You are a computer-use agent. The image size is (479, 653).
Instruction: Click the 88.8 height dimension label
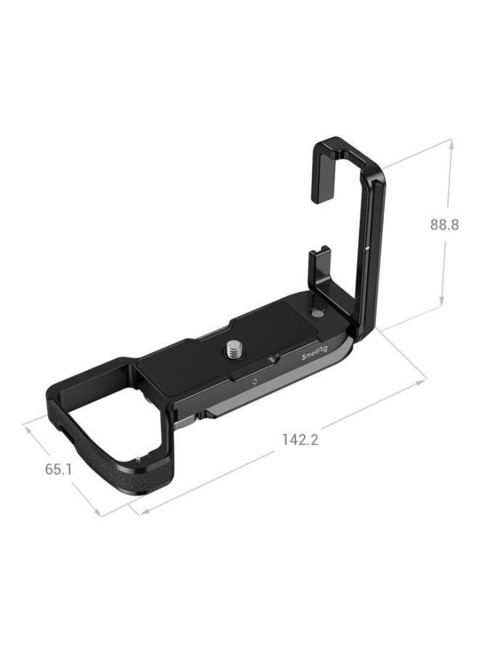(443, 225)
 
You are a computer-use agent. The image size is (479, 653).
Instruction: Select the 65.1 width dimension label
(58, 469)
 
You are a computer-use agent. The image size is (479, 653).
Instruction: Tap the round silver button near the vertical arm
(317, 312)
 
